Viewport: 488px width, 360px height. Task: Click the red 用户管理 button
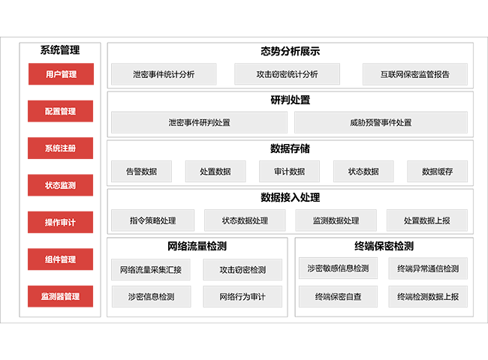click(61, 74)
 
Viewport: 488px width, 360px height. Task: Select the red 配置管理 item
click(61, 111)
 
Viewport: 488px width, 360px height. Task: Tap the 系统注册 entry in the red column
click(61, 148)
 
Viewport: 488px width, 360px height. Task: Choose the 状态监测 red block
click(61, 184)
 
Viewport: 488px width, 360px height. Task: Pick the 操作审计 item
click(61, 222)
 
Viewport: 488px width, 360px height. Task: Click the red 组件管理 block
click(61, 259)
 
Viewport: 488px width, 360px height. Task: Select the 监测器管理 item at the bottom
click(61, 295)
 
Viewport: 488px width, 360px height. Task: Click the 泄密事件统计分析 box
click(164, 74)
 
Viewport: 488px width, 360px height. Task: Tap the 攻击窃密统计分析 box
click(287, 74)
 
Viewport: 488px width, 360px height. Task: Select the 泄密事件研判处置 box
click(200, 122)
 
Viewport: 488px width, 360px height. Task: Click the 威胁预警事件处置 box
click(380, 122)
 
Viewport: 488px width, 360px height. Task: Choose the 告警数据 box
click(142, 171)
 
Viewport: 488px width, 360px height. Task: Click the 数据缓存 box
click(438, 171)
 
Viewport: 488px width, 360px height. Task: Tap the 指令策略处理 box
click(152, 220)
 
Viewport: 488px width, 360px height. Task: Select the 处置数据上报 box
click(427, 220)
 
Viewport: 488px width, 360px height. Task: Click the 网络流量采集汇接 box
click(151, 269)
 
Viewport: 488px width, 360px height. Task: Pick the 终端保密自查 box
click(339, 296)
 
